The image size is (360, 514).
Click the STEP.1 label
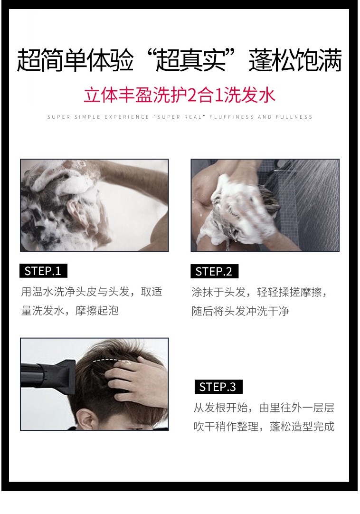pyautogui.click(x=43, y=271)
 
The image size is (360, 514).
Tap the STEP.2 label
pyautogui.click(x=214, y=271)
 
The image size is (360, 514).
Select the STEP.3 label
pyautogui.click(x=218, y=387)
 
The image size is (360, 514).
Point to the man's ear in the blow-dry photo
pyautogui.click(x=86, y=419)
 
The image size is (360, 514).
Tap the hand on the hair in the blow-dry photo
pyautogui.click(x=138, y=380)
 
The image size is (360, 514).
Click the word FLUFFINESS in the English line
pyautogui.click(x=231, y=117)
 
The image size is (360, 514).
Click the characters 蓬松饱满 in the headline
pyautogui.click(x=295, y=60)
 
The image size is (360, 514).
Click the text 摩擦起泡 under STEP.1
pyautogui.click(x=97, y=311)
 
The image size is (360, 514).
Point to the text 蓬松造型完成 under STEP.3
pyautogui.click(x=302, y=427)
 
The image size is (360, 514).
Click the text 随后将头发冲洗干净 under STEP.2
pyautogui.click(x=240, y=311)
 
